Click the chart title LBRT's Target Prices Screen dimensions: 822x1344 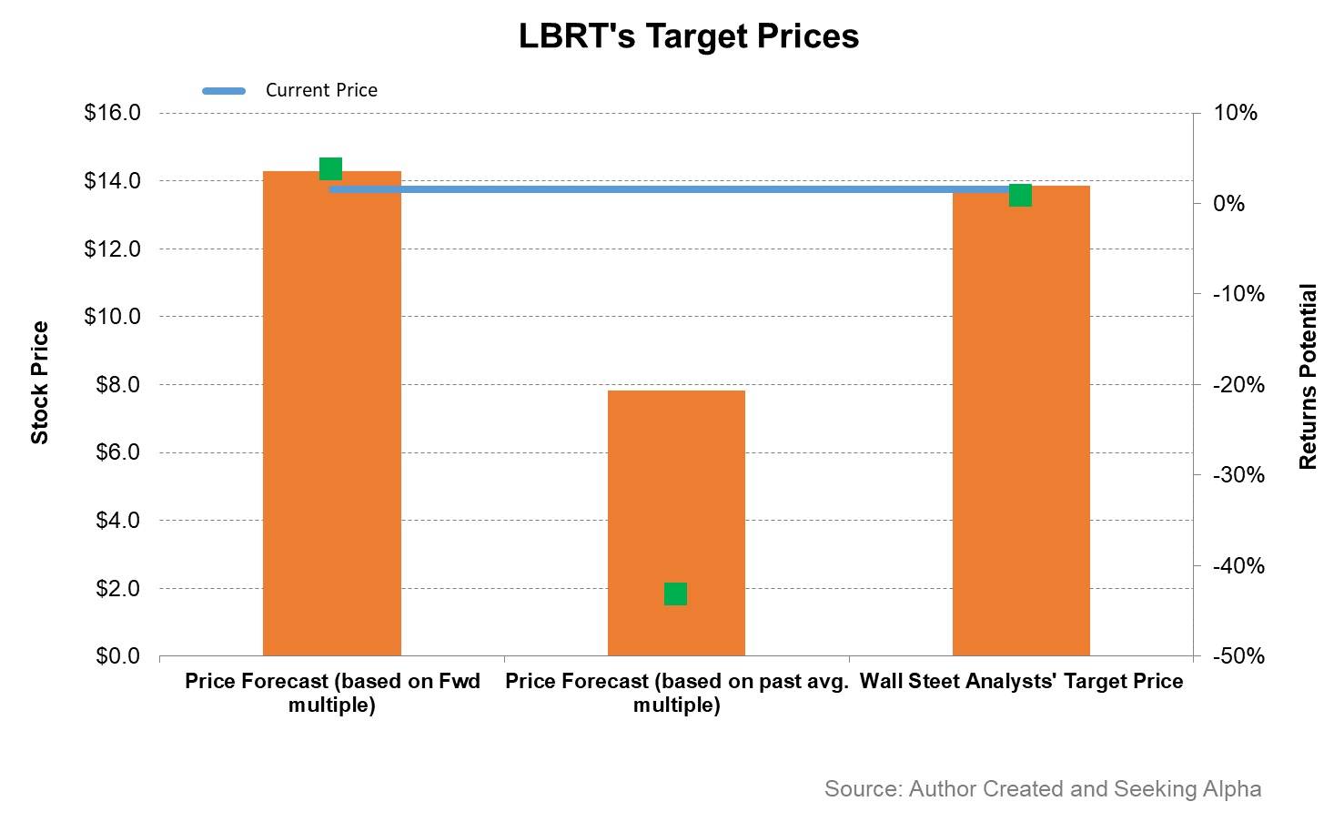click(688, 36)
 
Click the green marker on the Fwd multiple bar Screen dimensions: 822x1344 click(330, 168)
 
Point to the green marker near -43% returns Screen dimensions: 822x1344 click(675, 594)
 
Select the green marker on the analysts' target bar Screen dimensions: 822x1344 click(1020, 195)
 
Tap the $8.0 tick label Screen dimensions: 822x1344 click(117, 385)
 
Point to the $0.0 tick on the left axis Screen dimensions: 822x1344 click(117, 656)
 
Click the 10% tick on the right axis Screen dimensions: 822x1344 click(1235, 113)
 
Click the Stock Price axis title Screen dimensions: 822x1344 click(39, 383)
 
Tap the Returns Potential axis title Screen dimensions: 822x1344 click(1308, 377)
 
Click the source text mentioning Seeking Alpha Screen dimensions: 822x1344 click(1042, 788)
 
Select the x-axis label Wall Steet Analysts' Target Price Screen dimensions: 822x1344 click(1021, 682)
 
